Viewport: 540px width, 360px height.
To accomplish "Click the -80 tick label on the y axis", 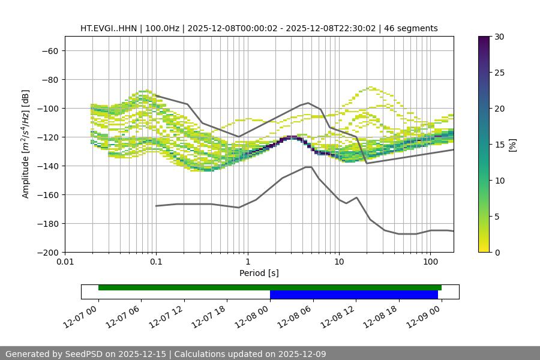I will pos(49,80).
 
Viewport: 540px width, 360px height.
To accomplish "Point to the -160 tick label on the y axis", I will pos(47,195).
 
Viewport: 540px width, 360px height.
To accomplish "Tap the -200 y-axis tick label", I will pos(47,253).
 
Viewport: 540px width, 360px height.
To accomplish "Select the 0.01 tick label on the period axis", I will pos(65,262).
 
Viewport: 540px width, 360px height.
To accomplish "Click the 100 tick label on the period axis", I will pos(430,262).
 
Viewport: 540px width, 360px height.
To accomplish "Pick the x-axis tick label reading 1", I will pos(248,262).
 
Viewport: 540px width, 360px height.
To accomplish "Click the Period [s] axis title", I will pos(259,273).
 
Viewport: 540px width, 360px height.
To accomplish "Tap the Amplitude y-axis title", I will pos(26,144).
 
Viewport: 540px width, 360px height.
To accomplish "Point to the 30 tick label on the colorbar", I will pos(499,37).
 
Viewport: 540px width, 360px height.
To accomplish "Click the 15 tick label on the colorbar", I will pos(499,145).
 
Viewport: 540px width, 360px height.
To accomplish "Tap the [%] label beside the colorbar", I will pos(512,145).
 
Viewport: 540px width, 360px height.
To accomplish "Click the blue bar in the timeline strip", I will pos(354,295).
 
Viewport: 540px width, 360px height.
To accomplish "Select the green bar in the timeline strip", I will pos(270,287).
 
